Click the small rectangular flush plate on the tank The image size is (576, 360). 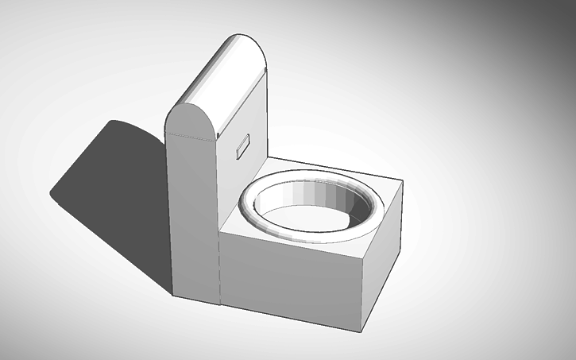[243, 147]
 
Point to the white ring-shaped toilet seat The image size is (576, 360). [262, 219]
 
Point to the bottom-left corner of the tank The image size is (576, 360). [172, 295]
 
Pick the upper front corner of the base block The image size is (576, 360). [362, 258]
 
